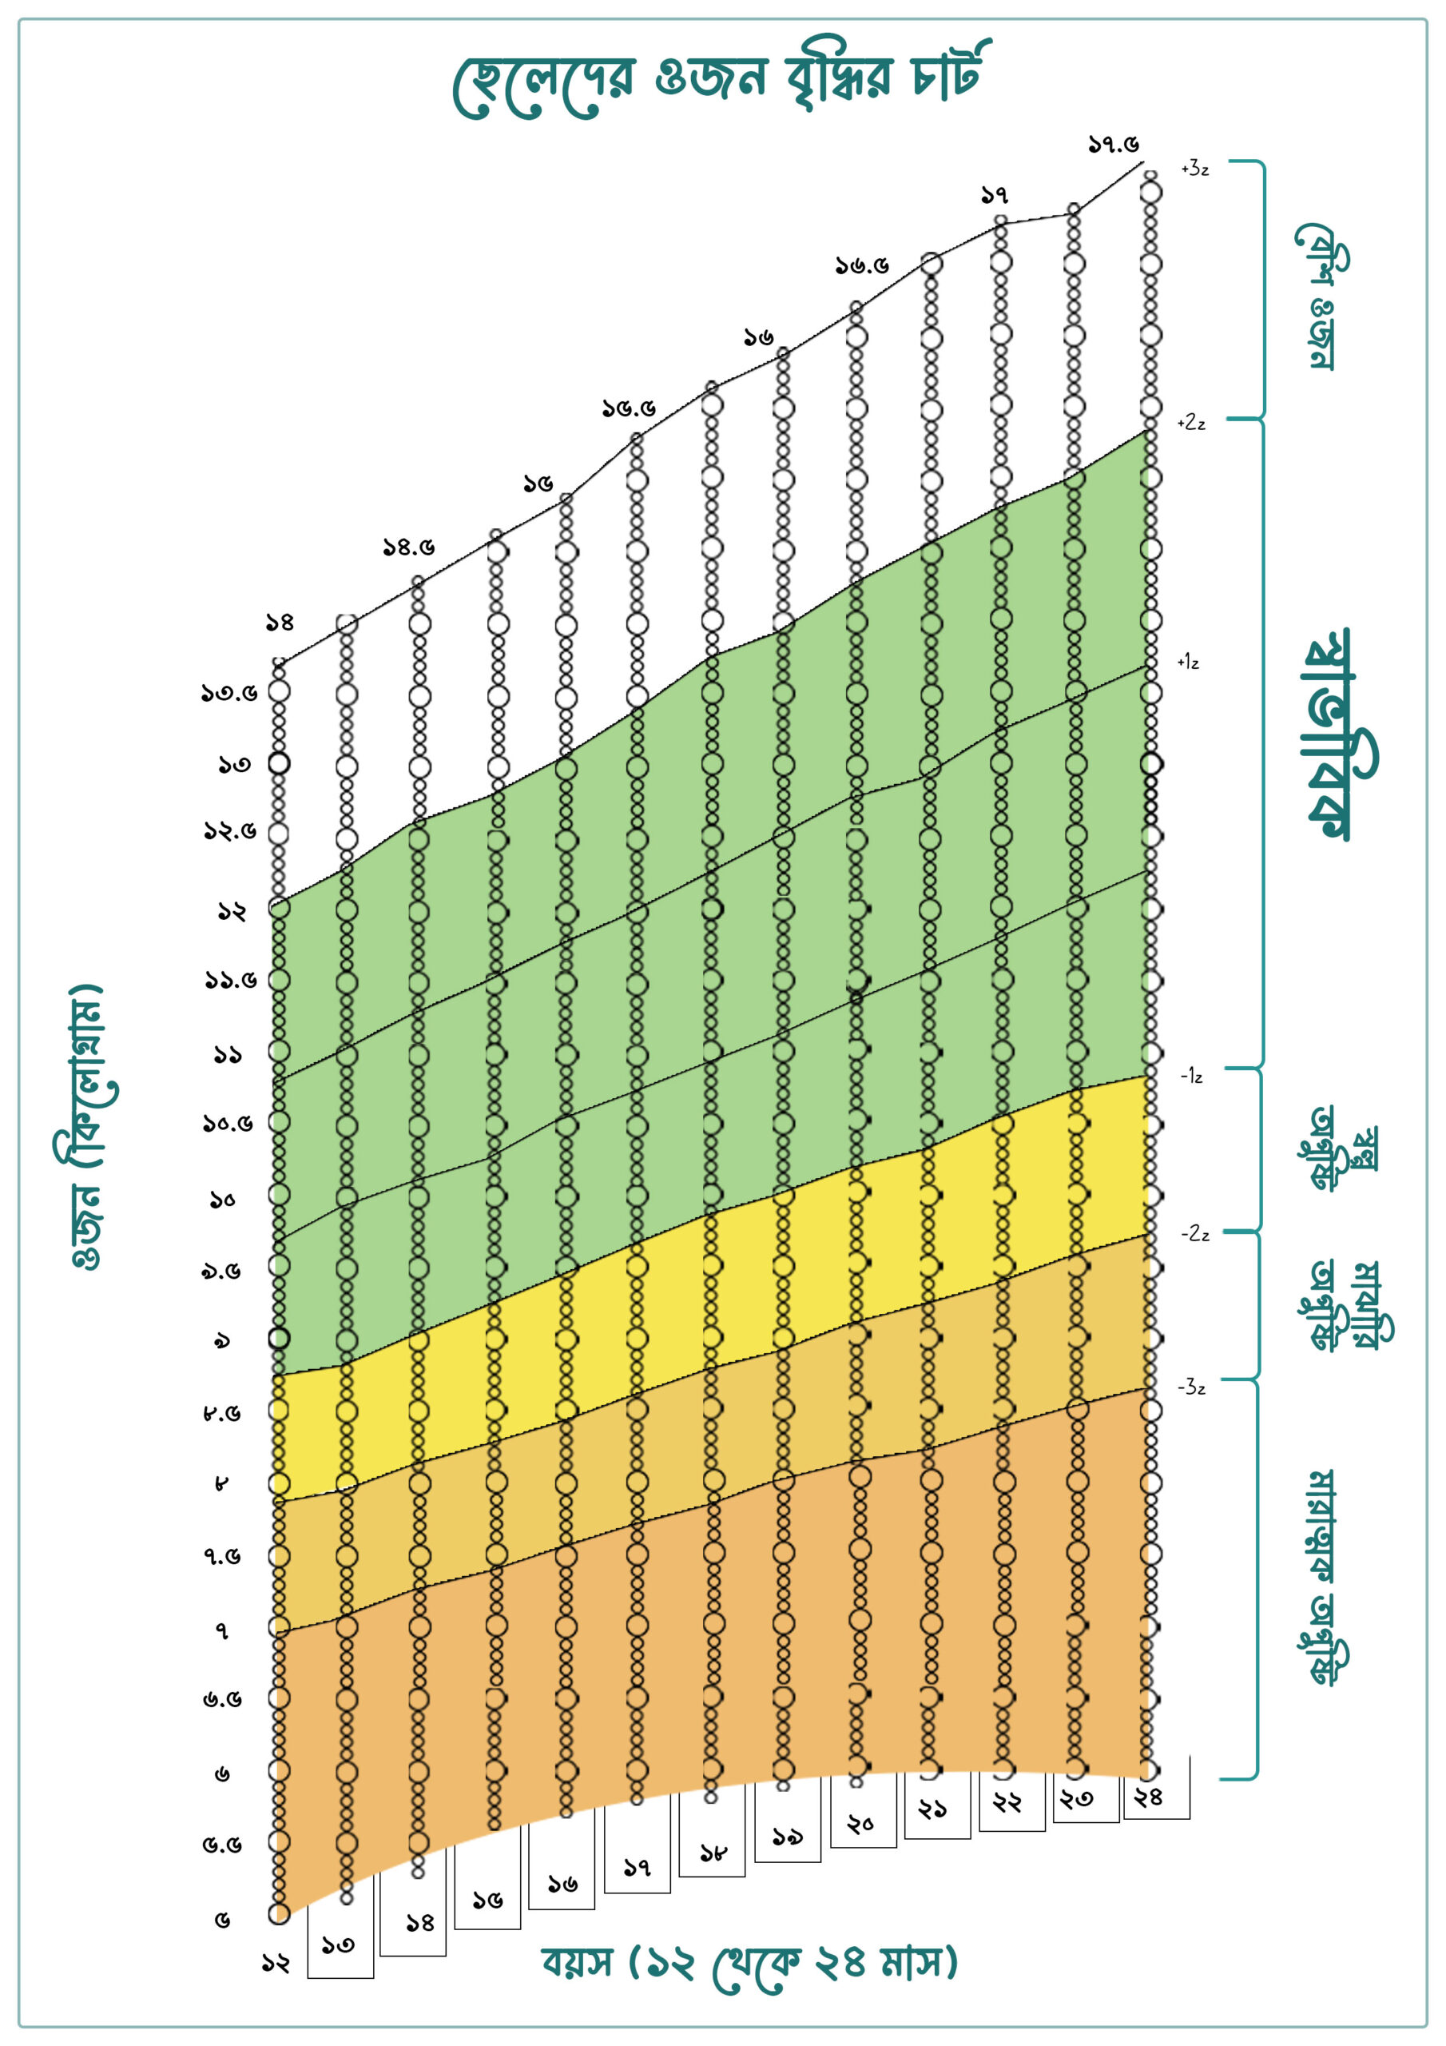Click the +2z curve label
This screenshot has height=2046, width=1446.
tap(1191, 424)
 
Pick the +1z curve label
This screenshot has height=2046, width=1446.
tap(1188, 662)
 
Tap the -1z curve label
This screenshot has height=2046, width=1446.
tap(1191, 1077)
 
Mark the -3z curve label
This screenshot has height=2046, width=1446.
tap(1191, 1387)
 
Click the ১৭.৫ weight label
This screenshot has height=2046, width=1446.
tap(1113, 145)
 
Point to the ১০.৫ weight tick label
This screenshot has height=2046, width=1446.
tap(227, 1123)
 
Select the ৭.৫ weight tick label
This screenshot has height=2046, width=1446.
tap(222, 1556)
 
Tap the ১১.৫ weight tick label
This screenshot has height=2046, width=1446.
tap(231, 980)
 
